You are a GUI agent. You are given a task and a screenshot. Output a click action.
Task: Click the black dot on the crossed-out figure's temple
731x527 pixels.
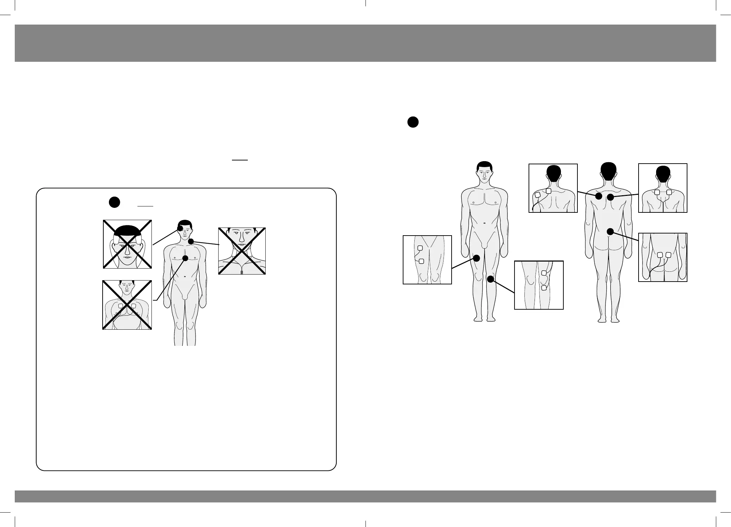(180, 228)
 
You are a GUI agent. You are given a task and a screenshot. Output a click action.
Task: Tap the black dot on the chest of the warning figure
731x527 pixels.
(185, 258)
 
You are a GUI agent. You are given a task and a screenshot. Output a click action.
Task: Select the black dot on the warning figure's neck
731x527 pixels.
(191, 242)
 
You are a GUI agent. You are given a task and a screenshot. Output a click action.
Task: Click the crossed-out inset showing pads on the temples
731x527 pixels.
(127, 244)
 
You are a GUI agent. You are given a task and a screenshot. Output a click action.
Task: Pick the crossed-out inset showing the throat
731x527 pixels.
(242, 251)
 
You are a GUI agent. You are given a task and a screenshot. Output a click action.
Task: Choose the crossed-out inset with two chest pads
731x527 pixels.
(127, 305)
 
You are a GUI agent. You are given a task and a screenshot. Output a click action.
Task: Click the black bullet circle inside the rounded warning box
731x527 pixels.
(114, 202)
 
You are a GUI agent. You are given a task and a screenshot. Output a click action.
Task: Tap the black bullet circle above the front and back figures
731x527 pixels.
(413, 122)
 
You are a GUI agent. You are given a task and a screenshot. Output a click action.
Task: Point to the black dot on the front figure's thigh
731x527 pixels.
(477, 258)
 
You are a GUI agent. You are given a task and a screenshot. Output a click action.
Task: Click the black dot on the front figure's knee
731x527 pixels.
(491, 279)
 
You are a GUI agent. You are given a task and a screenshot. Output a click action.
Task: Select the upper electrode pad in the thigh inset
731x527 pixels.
(420, 248)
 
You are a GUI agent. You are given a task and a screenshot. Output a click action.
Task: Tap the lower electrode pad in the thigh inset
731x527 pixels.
(422, 261)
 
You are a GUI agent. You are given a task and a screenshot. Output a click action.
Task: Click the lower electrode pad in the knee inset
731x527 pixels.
(544, 288)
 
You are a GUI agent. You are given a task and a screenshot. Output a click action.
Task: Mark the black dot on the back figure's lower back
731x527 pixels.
(610, 231)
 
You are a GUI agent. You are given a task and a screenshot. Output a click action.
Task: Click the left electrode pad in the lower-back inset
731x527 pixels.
(660, 255)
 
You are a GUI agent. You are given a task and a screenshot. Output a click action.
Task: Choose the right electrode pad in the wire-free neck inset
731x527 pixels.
(669, 192)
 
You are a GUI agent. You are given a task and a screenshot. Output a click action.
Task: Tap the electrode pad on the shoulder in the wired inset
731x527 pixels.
(537, 195)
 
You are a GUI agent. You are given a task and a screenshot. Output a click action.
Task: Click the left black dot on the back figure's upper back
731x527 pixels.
(598, 197)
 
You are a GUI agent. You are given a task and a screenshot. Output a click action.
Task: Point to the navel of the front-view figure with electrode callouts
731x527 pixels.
(484, 223)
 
